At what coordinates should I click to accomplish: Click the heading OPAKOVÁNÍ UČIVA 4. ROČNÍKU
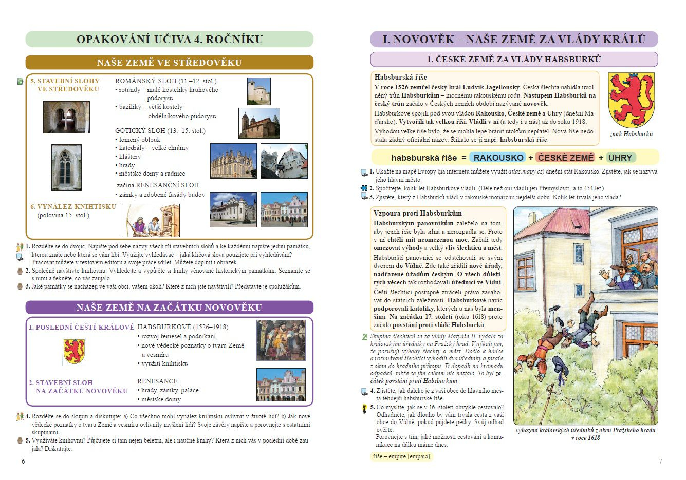(170, 40)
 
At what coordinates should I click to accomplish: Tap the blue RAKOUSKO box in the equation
(498, 158)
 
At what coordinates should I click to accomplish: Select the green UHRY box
(620, 158)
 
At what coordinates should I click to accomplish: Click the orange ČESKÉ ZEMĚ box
(565, 158)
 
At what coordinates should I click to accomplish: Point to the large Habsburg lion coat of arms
(631, 100)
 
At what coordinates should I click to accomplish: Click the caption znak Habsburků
(631, 134)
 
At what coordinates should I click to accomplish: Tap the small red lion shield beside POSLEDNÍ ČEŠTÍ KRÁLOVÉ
(74, 351)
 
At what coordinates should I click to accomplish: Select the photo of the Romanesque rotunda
(258, 91)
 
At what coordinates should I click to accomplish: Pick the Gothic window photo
(66, 167)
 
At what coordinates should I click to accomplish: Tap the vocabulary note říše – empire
(401, 456)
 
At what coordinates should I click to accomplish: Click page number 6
(23, 461)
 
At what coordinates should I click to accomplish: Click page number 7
(660, 461)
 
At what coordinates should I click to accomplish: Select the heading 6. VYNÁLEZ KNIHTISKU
(73, 207)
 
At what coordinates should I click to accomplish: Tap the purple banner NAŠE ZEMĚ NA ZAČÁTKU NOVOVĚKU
(170, 308)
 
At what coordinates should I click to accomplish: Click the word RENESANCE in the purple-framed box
(157, 381)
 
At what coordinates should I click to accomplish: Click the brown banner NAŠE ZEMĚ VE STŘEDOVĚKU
(170, 63)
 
